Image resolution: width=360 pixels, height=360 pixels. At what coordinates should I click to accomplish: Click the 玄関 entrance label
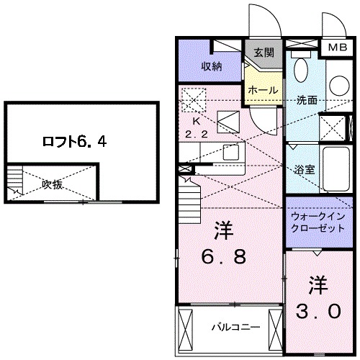coord(263,53)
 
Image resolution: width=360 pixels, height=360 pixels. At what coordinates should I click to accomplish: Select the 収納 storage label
coord(211,66)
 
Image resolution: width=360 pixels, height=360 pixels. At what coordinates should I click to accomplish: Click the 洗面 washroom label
coord(307,99)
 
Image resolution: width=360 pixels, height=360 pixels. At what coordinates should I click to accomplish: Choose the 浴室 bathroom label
coord(304,170)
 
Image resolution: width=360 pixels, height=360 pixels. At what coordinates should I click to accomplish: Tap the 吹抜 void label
coord(52,184)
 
